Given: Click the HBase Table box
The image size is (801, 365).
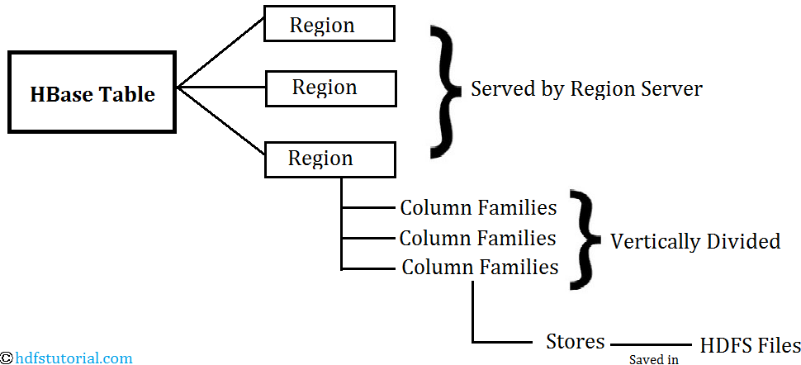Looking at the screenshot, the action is coord(92,92).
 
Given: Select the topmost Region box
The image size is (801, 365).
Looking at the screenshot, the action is coord(329,23).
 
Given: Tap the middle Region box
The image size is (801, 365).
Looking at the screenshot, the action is coord(331,87).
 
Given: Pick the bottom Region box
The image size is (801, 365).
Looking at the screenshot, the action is coord(329,159).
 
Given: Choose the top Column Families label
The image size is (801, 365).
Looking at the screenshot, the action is coord(478,208).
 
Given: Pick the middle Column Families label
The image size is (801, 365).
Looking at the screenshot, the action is coord(477,238).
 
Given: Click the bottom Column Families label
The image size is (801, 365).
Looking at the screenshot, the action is coord(481,267).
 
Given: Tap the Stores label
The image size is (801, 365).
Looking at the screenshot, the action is coord(576,341).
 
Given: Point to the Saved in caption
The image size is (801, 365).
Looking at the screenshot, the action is coord(653,359).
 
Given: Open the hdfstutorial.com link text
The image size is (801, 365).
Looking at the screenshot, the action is coord(74,358).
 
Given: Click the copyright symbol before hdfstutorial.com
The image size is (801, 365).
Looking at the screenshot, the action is coord(7,358).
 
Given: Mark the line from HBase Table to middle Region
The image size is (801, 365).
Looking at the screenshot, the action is coord(221,88).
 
